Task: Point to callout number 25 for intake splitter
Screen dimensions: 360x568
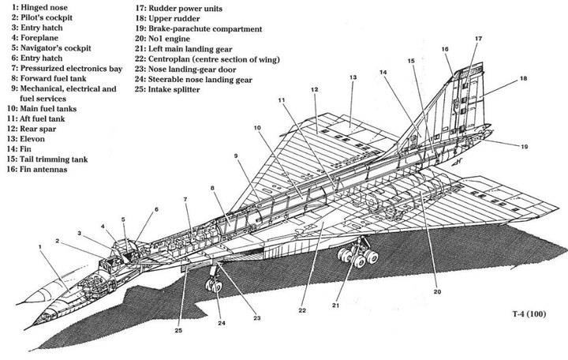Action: click(x=178, y=330)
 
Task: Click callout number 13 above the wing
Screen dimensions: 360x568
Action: click(x=353, y=77)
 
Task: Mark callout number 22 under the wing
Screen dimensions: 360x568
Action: click(x=301, y=310)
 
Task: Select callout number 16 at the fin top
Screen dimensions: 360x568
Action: click(x=445, y=49)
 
